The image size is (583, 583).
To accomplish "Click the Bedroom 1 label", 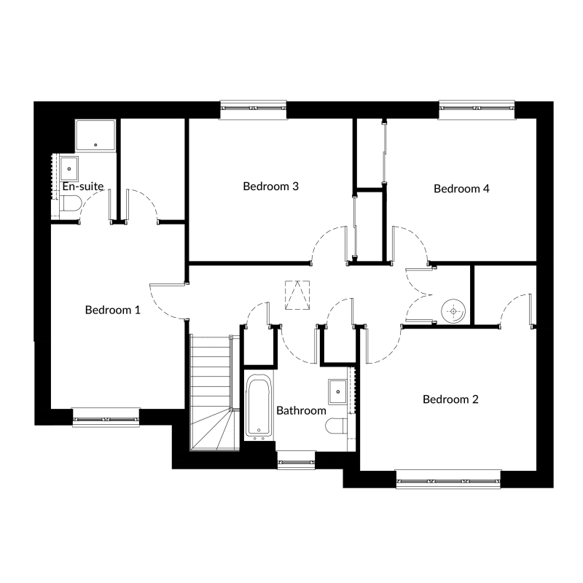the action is (x=113, y=310).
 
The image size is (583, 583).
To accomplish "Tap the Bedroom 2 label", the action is (x=450, y=399).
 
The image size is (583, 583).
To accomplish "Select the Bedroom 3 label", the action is (x=270, y=186).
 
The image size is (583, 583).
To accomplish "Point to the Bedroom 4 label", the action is (x=461, y=189).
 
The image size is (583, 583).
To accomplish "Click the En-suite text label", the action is (x=83, y=187).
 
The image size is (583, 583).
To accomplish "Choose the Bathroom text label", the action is (x=301, y=410).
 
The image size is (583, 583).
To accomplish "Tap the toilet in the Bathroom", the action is (x=337, y=426).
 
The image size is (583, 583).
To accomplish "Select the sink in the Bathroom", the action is (x=337, y=391).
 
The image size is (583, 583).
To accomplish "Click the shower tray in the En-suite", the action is (x=95, y=135).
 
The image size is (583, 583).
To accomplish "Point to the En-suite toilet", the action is (x=70, y=203).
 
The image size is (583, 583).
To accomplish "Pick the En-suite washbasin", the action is (x=69, y=169).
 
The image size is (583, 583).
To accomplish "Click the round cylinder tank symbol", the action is (x=453, y=311).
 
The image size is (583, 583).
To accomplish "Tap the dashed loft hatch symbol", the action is (x=297, y=295).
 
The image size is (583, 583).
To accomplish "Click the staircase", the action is (x=211, y=392).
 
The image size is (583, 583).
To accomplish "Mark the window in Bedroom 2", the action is (x=448, y=480).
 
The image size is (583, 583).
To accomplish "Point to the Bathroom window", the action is (x=297, y=461).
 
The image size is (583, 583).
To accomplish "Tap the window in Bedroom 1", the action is (x=106, y=418).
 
